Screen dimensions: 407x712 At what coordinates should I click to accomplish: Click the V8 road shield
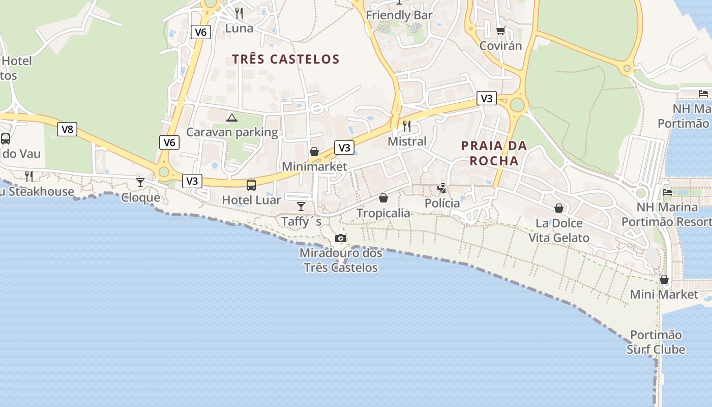[67, 129]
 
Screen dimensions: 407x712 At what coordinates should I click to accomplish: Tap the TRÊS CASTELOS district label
[286, 59]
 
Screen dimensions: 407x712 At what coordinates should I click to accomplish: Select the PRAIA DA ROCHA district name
[494, 153]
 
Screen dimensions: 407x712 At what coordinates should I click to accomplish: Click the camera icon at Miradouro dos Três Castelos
[341, 238]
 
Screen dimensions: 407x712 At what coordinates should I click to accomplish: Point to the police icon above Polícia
[442, 188]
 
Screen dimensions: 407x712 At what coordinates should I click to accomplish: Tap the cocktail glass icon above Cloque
[140, 182]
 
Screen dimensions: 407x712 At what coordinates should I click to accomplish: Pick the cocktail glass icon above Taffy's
[301, 206]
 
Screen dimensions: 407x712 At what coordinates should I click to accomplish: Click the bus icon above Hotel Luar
[251, 185]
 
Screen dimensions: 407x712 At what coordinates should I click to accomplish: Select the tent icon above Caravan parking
[232, 118]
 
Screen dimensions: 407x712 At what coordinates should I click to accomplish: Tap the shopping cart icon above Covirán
[501, 31]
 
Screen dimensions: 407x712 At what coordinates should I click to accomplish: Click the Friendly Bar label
[399, 15]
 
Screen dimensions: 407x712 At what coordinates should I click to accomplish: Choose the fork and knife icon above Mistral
[407, 126]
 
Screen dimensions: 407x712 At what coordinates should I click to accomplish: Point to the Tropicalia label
[383, 213]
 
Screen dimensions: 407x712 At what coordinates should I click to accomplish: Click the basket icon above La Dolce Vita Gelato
[559, 208]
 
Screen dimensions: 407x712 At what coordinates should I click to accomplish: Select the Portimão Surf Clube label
[656, 342]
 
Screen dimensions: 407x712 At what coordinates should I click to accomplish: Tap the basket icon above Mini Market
[664, 279]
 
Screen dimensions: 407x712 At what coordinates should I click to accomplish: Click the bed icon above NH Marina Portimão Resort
[667, 192]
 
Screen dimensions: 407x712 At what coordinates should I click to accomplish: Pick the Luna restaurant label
[239, 28]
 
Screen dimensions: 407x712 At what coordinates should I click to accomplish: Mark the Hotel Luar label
[251, 200]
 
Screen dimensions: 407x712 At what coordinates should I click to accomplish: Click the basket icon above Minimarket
[314, 152]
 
